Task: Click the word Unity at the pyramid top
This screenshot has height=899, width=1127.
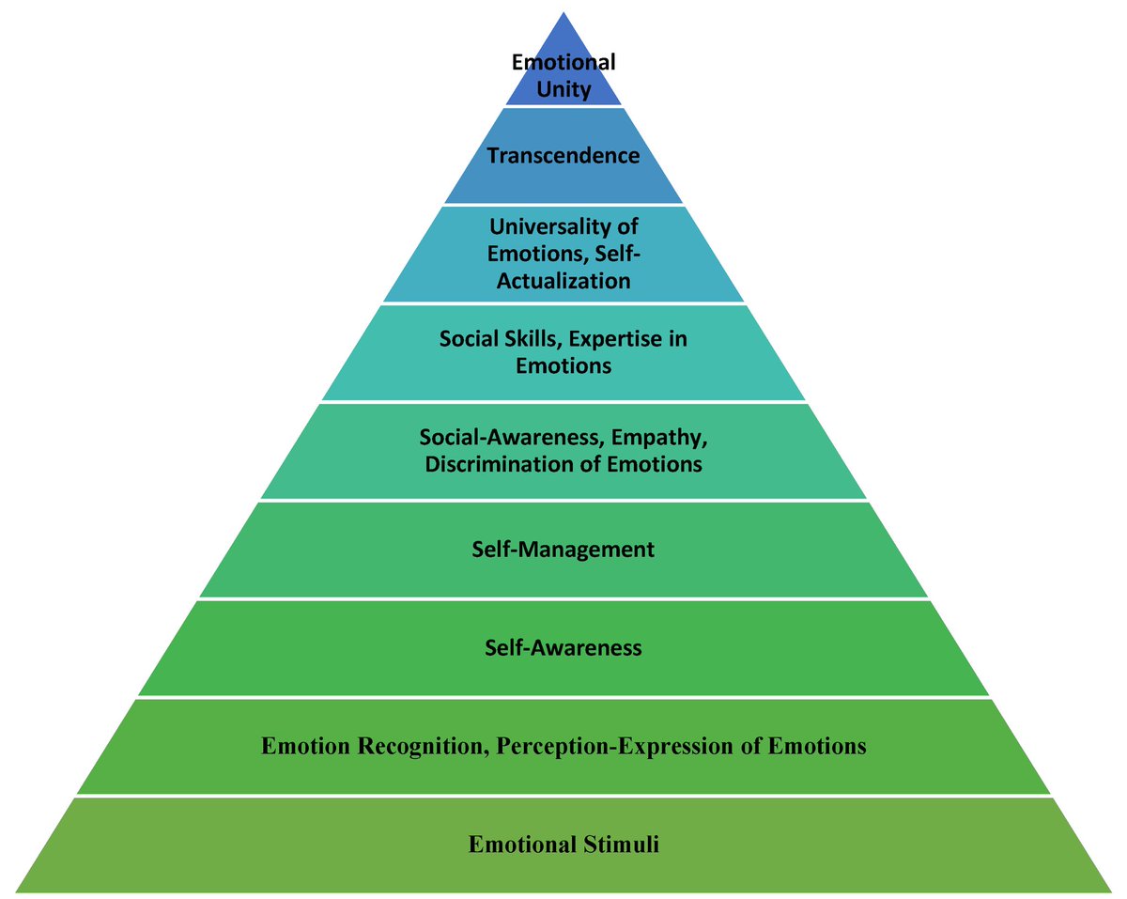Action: [x=563, y=91]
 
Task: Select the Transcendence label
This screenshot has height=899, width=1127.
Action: [x=563, y=155]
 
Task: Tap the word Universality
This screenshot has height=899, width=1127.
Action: [x=548, y=225]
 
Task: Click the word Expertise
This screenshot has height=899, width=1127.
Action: [x=618, y=338]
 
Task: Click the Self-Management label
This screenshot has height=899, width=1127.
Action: [x=563, y=549]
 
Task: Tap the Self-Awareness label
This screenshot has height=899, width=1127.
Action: [x=563, y=647]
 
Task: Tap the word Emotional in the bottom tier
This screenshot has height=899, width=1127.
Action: [x=519, y=845]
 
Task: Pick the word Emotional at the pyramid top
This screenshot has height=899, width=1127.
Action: [x=563, y=63]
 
